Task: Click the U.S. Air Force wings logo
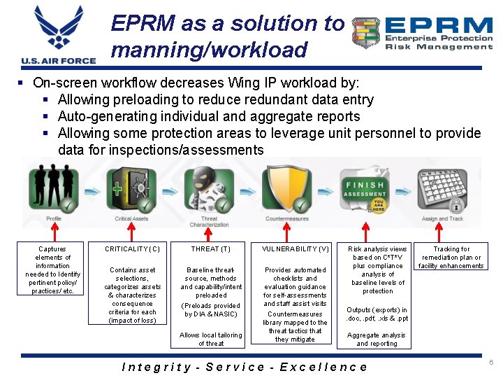pyautogui.click(x=59, y=31)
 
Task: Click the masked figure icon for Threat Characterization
pyautogui.click(x=207, y=188)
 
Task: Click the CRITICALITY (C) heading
pyautogui.click(x=132, y=248)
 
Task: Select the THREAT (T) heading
pyautogui.click(x=210, y=248)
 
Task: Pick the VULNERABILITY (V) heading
pyautogui.click(x=295, y=248)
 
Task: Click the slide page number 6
pyautogui.click(x=491, y=363)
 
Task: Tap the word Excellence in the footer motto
pyautogui.click(x=326, y=367)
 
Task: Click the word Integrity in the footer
pyautogui.click(x=156, y=367)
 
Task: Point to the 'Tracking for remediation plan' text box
pyautogui.click(x=451, y=257)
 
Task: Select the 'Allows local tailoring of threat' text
pyautogui.click(x=210, y=339)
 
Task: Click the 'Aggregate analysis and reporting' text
pyautogui.click(x=377, y=339)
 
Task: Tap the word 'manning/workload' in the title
pyautogui.click(x=209, y=50)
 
